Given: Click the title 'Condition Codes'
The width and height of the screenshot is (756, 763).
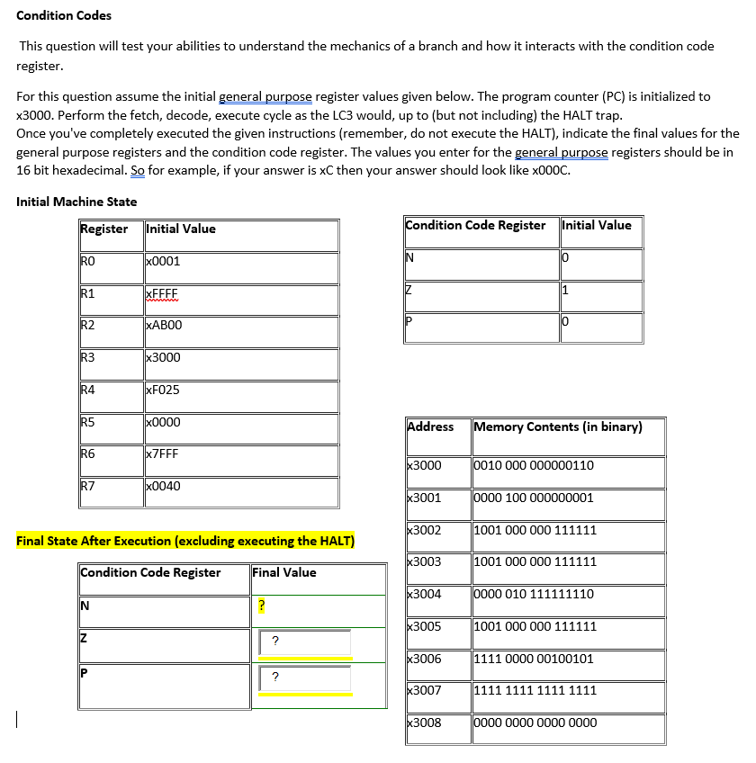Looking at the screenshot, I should click(x=64, y=15).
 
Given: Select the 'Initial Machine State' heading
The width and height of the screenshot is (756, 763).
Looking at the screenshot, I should click(x=76, y=202).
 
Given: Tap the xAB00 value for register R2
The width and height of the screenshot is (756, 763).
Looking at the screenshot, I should click(x=164, y=326).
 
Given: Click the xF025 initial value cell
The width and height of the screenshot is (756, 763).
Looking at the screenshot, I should click(x=163, y=390).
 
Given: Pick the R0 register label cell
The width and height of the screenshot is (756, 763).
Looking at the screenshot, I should click(x=88, y=261).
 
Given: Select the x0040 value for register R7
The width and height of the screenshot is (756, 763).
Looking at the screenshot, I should click(x=163, y=486).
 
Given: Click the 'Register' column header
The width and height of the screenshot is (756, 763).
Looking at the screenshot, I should click(x=103, y=229).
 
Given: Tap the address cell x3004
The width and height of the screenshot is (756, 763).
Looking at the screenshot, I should click(x=425, y=594).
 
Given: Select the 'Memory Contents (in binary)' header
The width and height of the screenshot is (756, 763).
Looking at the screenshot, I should click(x=558, y=426).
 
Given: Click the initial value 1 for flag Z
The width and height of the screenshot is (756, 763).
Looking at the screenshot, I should click(x=564, y=290).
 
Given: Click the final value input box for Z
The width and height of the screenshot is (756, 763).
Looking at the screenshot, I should click(x=304, y=642).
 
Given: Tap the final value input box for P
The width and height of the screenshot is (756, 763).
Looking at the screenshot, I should click(x=304, y=678).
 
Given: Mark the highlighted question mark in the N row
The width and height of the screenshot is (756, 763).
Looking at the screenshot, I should click(x=261, y=606).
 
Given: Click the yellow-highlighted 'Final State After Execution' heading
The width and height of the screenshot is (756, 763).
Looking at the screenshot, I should click(x=185, y=541).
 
